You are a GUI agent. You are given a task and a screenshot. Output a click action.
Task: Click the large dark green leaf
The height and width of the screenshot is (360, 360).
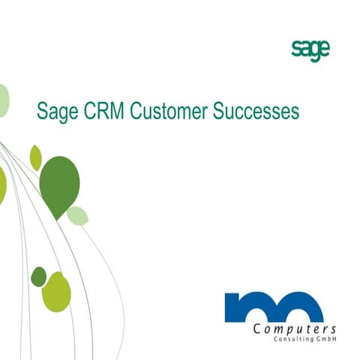click(59, 184)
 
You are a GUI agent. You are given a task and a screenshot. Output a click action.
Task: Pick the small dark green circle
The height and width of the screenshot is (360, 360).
click(38, 276)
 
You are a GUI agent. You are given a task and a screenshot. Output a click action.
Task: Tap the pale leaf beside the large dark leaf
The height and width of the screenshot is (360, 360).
click(77, 216)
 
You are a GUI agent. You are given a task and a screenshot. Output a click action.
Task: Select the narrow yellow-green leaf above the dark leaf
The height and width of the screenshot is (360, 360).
click(35, 157)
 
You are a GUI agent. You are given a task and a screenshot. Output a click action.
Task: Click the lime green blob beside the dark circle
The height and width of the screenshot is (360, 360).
click(56, 292)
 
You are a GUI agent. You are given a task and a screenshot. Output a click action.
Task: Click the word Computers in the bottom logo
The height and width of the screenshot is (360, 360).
click(295, 330)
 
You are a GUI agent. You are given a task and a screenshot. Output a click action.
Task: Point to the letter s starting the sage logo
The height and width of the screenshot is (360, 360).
click(295, 49)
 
